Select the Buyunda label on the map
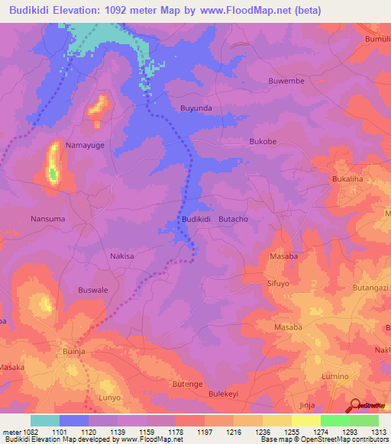point(195,108)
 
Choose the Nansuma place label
point(47,219)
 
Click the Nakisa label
point(122,256)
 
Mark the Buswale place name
point(94,290)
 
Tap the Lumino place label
point(334,377)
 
